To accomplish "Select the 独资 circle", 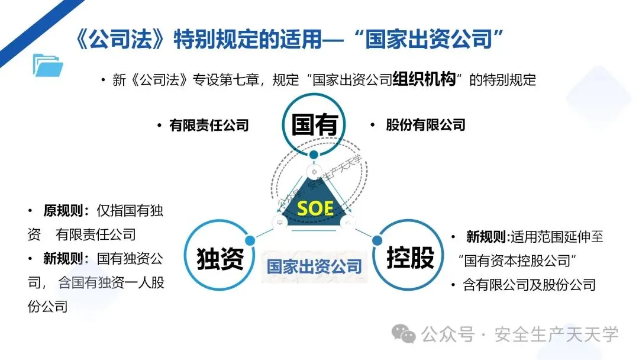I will click(x=220, y=259).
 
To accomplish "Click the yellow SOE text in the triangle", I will click(x=315, y=208).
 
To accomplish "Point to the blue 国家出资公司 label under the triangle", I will click(x=314, y=266).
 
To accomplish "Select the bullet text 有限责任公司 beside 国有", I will click(x=209, y=126).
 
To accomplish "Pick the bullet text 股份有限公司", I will click(x=425, y=126).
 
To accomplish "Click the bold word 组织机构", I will click(x=424, y=81).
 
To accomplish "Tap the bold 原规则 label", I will click(x=66, y=211).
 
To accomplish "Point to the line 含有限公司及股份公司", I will click(x=529, y=285).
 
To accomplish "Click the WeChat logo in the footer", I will click(x=405, y=335).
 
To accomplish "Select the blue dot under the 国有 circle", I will click(x=314, y=155).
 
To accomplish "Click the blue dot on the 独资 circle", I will click(x=250, y=240).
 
